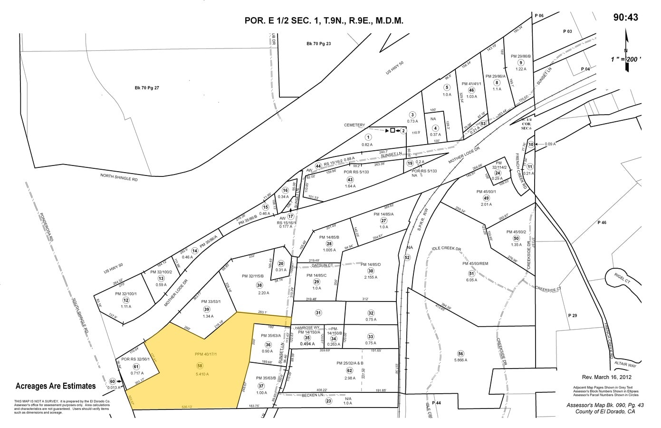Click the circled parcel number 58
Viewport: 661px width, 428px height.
(x=200, y=365)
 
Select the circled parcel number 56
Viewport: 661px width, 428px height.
(x=460, y=353)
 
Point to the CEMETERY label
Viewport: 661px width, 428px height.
(x=354, y=125)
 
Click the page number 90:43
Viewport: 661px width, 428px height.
(x=625, y=17)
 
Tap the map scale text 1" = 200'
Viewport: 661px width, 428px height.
(x=626, y=59)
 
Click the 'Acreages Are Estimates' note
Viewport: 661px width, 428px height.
(x=56, y=386)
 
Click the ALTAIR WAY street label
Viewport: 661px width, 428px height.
(x=625, y=365)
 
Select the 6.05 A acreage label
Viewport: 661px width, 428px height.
(x=471, y=280)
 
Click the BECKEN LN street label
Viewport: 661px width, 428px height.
(x=312, y=395)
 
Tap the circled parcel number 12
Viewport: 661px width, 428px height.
(x=125, y=300)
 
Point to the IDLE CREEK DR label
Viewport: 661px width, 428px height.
(x=446, y=249)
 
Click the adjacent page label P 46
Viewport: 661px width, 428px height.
(x=602, y=223)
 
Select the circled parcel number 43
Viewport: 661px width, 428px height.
(x=350, y=179)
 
